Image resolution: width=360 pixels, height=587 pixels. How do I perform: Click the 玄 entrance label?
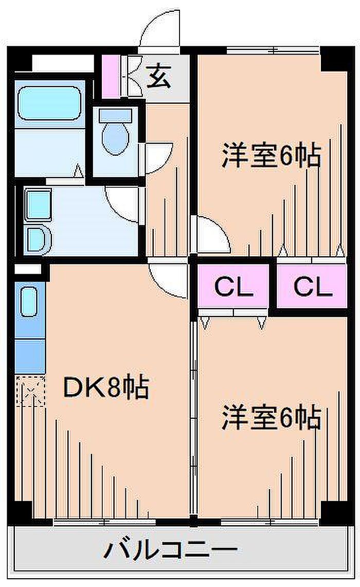point(159,76)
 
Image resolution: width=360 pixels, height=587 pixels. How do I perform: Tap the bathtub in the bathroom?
point(49,103)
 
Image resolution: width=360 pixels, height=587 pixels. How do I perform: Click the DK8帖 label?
point(106,387)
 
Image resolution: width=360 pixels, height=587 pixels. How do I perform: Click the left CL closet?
point(233,287)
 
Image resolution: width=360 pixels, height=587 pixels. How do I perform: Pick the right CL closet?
point(312,287)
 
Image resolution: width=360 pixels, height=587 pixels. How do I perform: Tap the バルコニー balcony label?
point(171,550)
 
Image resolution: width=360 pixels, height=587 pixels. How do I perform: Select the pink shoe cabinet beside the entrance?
point(111,76)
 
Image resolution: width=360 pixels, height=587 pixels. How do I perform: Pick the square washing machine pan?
point(38,204)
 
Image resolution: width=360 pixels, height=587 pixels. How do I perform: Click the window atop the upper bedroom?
point(274,49)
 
